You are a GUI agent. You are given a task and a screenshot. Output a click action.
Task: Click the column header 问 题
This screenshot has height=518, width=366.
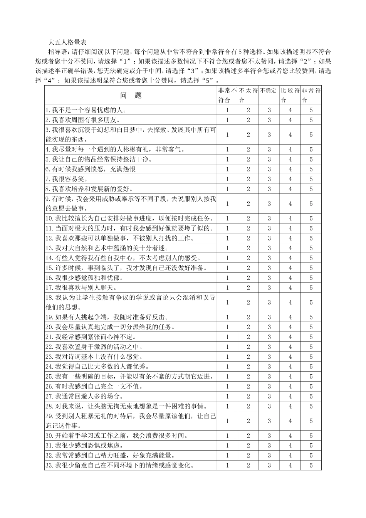click(131, 95)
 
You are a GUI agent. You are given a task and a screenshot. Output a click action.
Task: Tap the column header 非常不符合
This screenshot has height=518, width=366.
click(227, 95)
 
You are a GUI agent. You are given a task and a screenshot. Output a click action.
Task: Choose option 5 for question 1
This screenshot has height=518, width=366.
click(311, 110)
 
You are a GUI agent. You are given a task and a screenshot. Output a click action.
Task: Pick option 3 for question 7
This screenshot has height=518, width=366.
click(269, 179)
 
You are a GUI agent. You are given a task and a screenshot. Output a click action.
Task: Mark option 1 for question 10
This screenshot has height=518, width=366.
click(227, 219)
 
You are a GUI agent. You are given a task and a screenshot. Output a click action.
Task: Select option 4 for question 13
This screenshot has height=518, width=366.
click(290, 248)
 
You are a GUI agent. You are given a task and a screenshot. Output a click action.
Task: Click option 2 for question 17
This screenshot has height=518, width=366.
click(248, 288)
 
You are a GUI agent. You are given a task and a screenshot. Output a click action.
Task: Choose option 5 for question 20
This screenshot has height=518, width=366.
click(311, 327)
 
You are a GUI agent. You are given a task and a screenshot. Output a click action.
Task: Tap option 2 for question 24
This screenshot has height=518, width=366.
click(248, 367)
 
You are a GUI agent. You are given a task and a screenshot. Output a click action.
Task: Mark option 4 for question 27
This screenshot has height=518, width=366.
click(290, 396)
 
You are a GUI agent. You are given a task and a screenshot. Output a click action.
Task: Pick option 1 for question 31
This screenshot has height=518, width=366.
click(227, 446)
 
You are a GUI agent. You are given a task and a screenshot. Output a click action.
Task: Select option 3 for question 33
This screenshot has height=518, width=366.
click(269, 465)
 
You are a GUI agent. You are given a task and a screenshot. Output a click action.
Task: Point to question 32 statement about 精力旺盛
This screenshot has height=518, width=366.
click(114, 456)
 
